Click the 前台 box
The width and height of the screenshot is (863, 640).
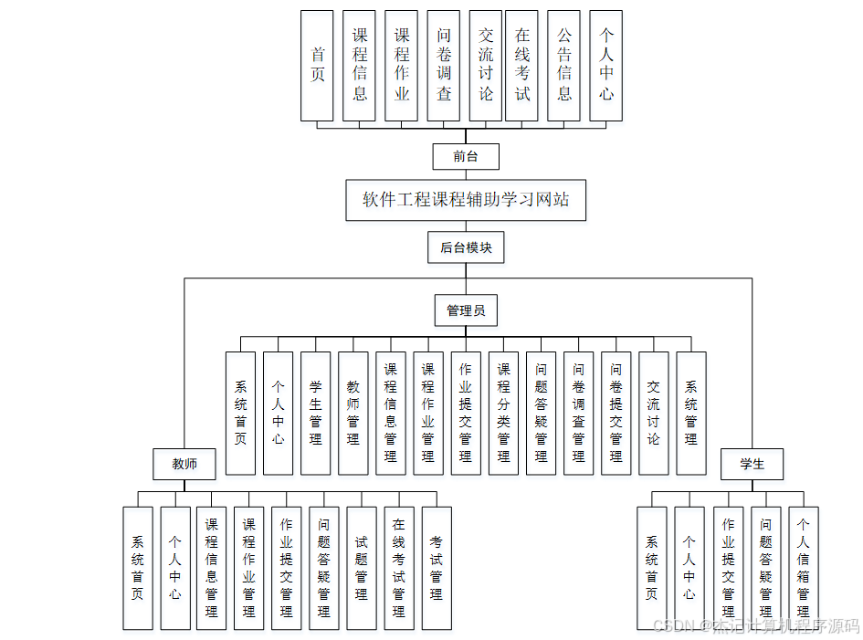[466, 156]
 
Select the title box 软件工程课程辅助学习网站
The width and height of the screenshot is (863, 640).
[466, 200]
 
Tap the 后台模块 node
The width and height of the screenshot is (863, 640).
[466, 247]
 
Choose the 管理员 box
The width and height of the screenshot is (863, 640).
[466, 310]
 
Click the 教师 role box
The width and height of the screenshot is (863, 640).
[184, 464]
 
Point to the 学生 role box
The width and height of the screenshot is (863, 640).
[752, 464]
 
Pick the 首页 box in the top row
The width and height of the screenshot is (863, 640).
[317, 66]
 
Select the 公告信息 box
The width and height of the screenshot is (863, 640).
[564, 66]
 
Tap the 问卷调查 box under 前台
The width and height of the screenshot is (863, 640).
[444, 66]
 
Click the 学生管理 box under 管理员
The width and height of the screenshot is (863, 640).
[315, 413]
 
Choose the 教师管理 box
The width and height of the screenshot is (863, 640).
[353, 413]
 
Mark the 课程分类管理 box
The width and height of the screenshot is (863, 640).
[503, 413]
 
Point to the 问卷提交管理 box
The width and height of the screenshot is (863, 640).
[616, 413]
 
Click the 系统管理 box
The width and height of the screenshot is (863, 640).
[690, 413]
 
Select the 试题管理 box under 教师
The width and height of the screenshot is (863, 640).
[362, 568]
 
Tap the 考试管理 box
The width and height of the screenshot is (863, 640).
[437, 568]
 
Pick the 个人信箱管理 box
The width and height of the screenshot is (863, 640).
[803, 568]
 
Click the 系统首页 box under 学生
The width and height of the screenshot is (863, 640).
[652, 568]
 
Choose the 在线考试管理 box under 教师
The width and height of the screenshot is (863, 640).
[399, 568]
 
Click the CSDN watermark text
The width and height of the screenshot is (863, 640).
[757, 626]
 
